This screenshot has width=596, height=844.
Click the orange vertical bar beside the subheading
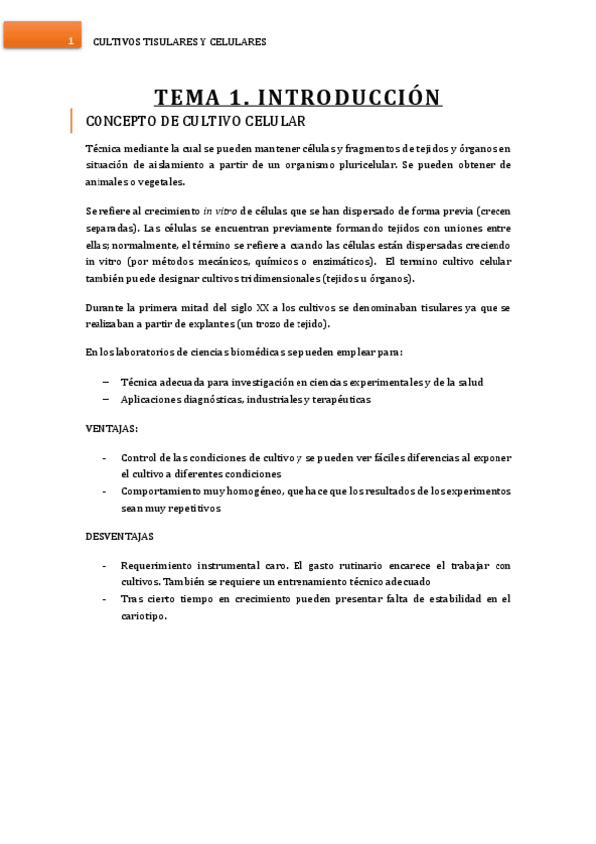72,121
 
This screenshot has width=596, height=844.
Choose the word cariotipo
143,615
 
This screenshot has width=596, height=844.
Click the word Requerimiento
161,564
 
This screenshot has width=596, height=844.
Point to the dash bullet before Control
106,457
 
